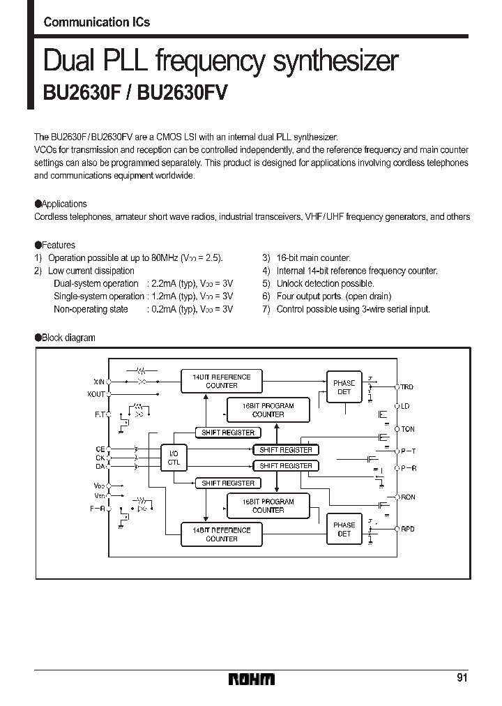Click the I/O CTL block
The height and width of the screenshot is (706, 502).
pos(174,457)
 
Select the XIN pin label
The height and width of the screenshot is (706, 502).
pos(98,382)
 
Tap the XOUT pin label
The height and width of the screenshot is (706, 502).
pos(97,394)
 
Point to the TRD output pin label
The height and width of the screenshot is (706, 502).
pos(407,386)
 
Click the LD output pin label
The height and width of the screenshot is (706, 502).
pos(405,405)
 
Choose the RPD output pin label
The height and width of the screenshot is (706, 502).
pos(407,529)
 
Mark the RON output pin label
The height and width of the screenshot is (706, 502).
pos(407,497)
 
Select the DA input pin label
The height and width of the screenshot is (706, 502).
pos(100,465)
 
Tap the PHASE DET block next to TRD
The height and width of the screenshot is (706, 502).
pos(344,387)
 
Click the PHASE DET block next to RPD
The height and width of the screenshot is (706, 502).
pos(344,529)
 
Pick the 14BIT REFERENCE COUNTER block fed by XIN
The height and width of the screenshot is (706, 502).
pos(221,381)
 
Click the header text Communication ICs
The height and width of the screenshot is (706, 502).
pos(96,22)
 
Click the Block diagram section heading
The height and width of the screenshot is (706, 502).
pos(68,338)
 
